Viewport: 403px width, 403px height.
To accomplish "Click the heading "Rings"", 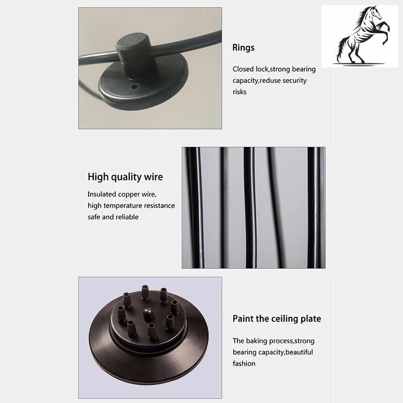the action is pos(243,47).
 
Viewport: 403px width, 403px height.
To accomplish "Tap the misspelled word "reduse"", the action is pos(270,81).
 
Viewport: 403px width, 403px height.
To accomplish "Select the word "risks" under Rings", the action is pos(239,92).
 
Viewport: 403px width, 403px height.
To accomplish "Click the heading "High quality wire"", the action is pos(125,177).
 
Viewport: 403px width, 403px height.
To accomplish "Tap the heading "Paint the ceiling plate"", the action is pos(277,319).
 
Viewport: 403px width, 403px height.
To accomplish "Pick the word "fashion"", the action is pos(244,363).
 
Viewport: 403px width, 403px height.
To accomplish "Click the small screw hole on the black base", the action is pos(133,87).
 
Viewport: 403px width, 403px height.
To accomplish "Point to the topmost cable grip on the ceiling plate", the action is pos(145,292).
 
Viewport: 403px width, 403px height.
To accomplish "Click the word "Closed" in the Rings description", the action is pos(243,69).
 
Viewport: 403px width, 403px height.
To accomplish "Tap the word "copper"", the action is pos(128,194).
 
